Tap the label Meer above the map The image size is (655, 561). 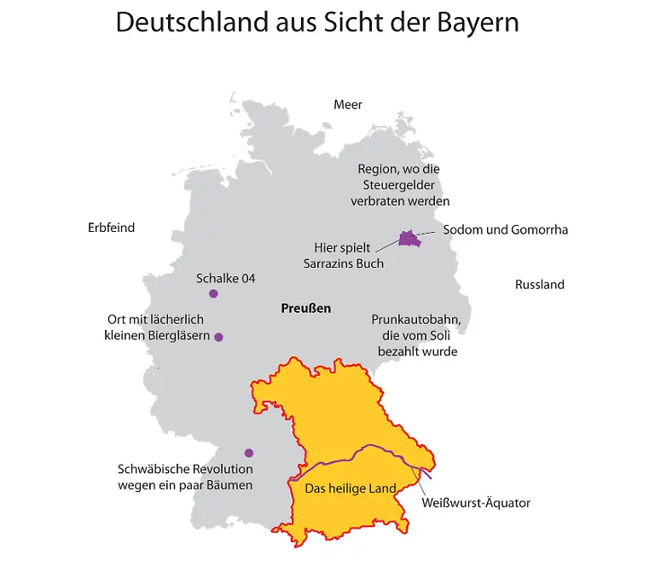pos(348,105)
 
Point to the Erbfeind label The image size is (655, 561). pos(111,228)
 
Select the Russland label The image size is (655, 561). pos(539,285)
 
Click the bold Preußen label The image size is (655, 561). pos(305,309)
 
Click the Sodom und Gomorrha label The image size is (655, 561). pos(505,230)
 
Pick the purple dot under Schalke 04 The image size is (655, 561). pos(213,294)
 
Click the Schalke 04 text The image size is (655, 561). pos(225,279)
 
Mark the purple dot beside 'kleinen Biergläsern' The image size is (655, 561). pos(218,337)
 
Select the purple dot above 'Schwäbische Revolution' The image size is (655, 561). pos(249,453)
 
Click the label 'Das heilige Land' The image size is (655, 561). pos(351,489)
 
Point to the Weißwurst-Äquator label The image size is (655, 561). pos(476,503)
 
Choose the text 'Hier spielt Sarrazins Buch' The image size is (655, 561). pos(343,255)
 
